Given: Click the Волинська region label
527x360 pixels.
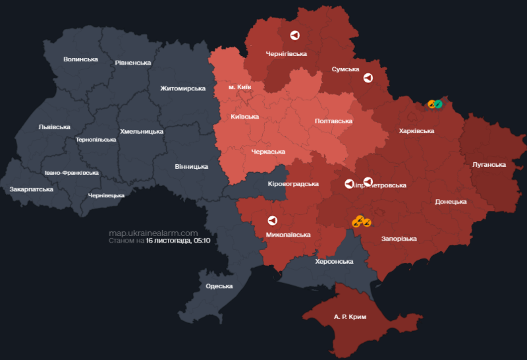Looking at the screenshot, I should click(x=80, y=59).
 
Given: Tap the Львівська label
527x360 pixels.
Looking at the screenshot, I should click(x=54, y=127).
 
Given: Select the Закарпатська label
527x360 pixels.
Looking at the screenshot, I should click(x=31, y=189).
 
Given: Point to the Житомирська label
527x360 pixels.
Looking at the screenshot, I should click(x=183, y=88).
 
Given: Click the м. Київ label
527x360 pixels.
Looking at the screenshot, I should click(x=240, y=87).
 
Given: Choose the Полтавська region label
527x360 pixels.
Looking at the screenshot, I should click(x=333, y=121).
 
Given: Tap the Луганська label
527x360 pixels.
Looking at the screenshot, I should click(x=489, y=165).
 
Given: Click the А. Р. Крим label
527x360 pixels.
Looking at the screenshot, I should click(x=350, y=317).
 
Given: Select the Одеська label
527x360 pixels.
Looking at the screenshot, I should click(x=219, y=286).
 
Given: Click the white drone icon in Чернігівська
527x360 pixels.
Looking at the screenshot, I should click(x=294, y=36).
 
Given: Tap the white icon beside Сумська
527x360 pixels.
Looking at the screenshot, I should click(x=368, y=78).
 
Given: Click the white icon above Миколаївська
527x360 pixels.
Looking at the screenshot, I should click(x=271, y=221).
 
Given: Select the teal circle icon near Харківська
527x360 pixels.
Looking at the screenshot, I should click(x=438, y=104).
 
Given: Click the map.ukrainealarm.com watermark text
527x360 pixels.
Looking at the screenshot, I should click(x=153, y=233).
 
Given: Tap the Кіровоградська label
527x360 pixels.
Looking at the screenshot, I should click(x=294, y=184).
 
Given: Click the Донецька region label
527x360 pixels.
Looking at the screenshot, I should click(x=451, y=202).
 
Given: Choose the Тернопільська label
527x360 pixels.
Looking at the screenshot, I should click(x=96, y=140).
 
